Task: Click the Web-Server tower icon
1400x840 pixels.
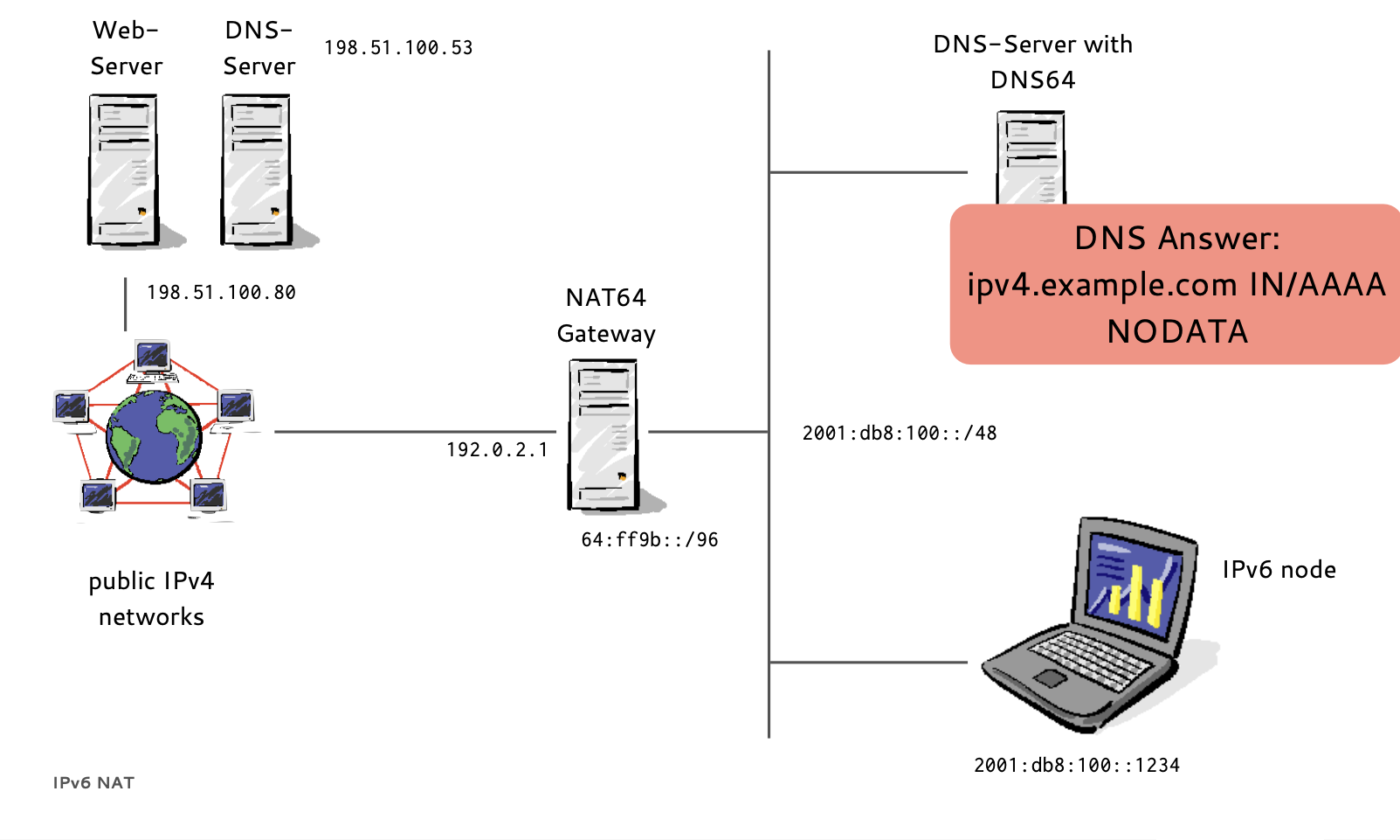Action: [x=124, y=170]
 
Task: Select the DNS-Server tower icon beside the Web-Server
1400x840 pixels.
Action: [x=257, y=170]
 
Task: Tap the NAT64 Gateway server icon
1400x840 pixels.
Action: [x=603, y=434]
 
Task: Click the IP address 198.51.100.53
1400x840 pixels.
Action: [x=398, y=48]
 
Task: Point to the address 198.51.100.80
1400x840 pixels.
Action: [x=221, y=293]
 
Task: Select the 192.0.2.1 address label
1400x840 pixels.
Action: [x=497, y=450]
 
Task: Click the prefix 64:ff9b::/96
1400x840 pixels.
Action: [x=650, y=540]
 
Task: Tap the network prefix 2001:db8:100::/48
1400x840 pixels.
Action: [x=900, y=434]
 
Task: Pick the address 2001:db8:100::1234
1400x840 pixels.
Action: [x=1077, y=766]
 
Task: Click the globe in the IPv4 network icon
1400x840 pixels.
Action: [x=155, y=436]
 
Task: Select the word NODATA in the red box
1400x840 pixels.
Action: [x=1177, y=332]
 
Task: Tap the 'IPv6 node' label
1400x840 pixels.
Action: [x=1279, y=570]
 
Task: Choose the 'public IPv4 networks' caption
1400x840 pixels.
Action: [x=151, y=599]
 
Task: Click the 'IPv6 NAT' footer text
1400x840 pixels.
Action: [x=93, y=783]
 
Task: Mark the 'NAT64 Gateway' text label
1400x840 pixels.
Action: [x=606, y=316]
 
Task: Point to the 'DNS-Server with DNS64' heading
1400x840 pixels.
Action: [x=1032, y=62]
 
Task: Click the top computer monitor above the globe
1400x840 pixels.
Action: [x=153, y=358]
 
